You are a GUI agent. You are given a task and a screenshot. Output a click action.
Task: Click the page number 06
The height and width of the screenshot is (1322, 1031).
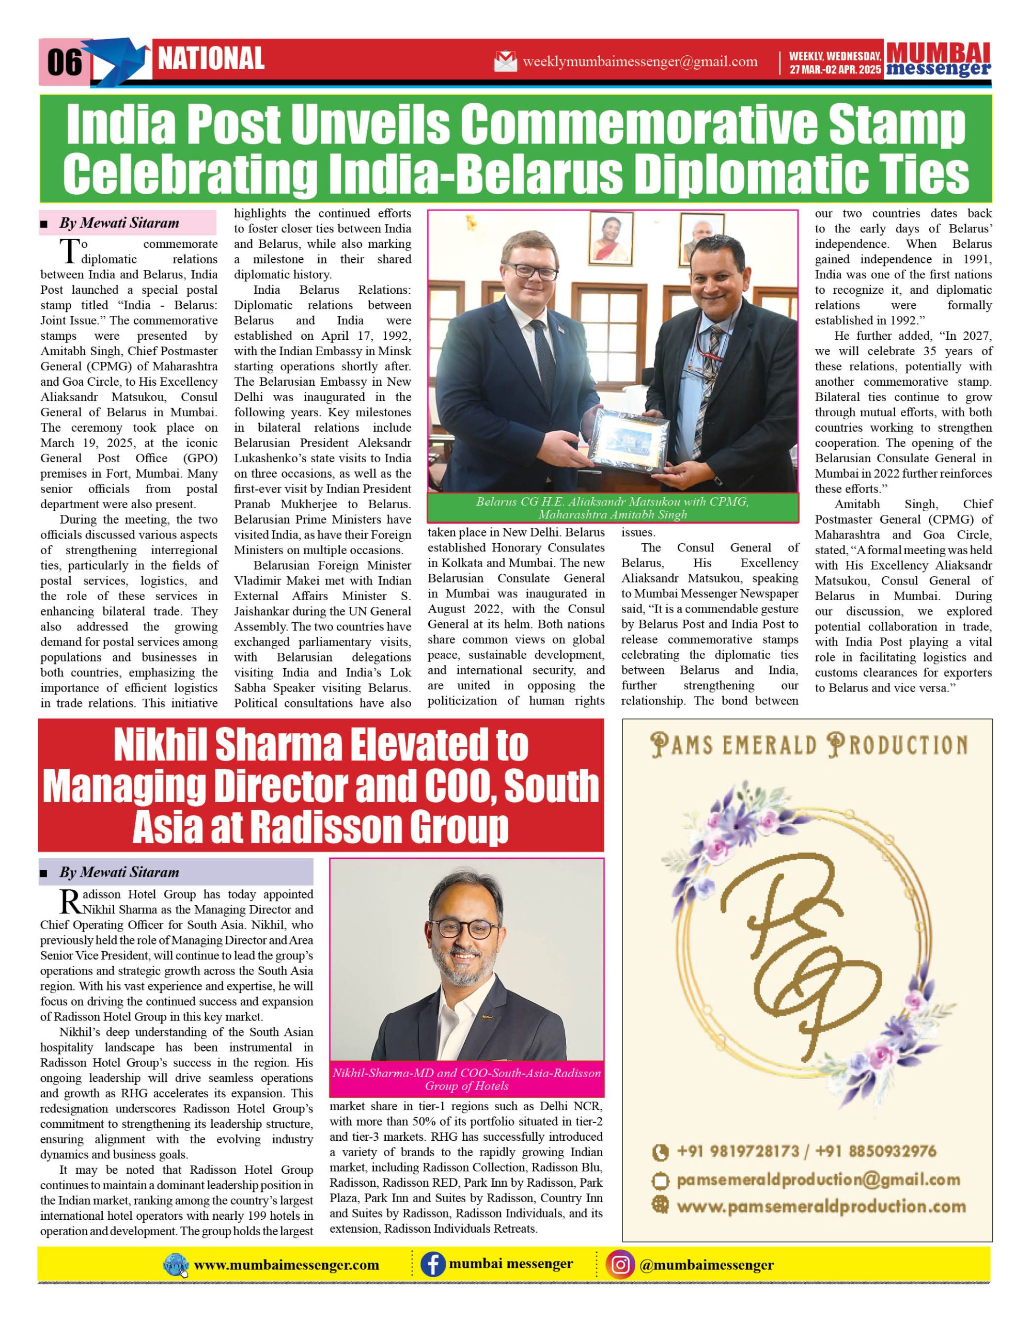tap(64, 62)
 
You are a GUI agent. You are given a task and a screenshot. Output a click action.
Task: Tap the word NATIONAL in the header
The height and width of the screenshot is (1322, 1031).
tap(211, 59)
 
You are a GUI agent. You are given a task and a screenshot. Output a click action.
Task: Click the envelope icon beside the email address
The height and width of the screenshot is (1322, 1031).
tap(506, 61)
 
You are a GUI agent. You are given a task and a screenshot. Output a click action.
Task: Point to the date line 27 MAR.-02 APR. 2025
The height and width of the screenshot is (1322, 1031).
tap(835, 70)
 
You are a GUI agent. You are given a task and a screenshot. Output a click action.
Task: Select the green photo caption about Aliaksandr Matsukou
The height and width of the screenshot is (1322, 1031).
tap(612, 508)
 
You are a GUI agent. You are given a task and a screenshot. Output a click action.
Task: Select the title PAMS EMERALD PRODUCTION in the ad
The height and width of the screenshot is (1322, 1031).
tap(808, 746)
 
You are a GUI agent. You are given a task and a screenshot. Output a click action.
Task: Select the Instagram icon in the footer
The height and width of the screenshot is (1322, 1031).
tap(620, 1265)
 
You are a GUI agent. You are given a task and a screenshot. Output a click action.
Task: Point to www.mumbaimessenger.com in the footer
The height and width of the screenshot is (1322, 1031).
tap(286, 1265)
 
